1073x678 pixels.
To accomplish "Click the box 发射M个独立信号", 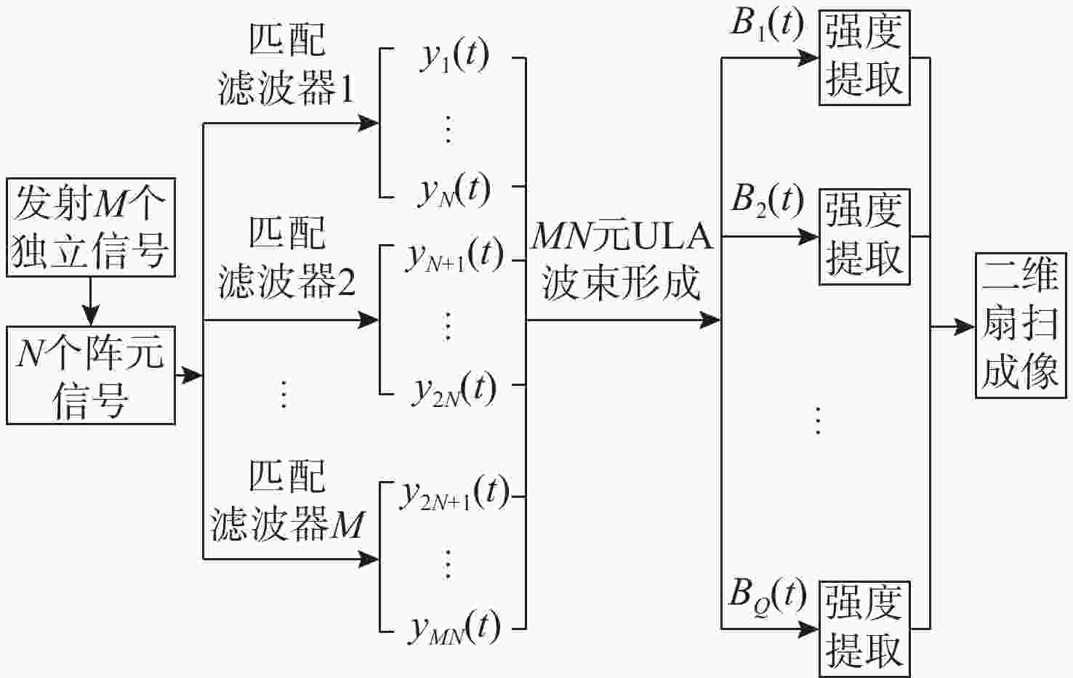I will [91, 227].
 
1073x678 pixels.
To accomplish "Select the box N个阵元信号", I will [91, 375].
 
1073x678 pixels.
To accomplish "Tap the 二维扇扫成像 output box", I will [1020, 325].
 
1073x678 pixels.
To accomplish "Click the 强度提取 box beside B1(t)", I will [864, 57].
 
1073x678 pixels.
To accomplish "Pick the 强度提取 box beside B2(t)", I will [864, 236].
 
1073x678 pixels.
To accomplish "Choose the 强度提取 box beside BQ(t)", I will [864, 629].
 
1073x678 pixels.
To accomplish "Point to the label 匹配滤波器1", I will [286, 65].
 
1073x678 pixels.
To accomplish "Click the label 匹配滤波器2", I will [286, 258].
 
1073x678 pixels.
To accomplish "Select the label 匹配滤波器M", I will [286, 501].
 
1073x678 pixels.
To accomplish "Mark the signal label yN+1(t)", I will [454, 255].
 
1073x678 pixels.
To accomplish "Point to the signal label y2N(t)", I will [454, 390].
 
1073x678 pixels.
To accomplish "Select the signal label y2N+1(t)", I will [454, 494].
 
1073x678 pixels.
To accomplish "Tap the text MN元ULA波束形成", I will [622, 260].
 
